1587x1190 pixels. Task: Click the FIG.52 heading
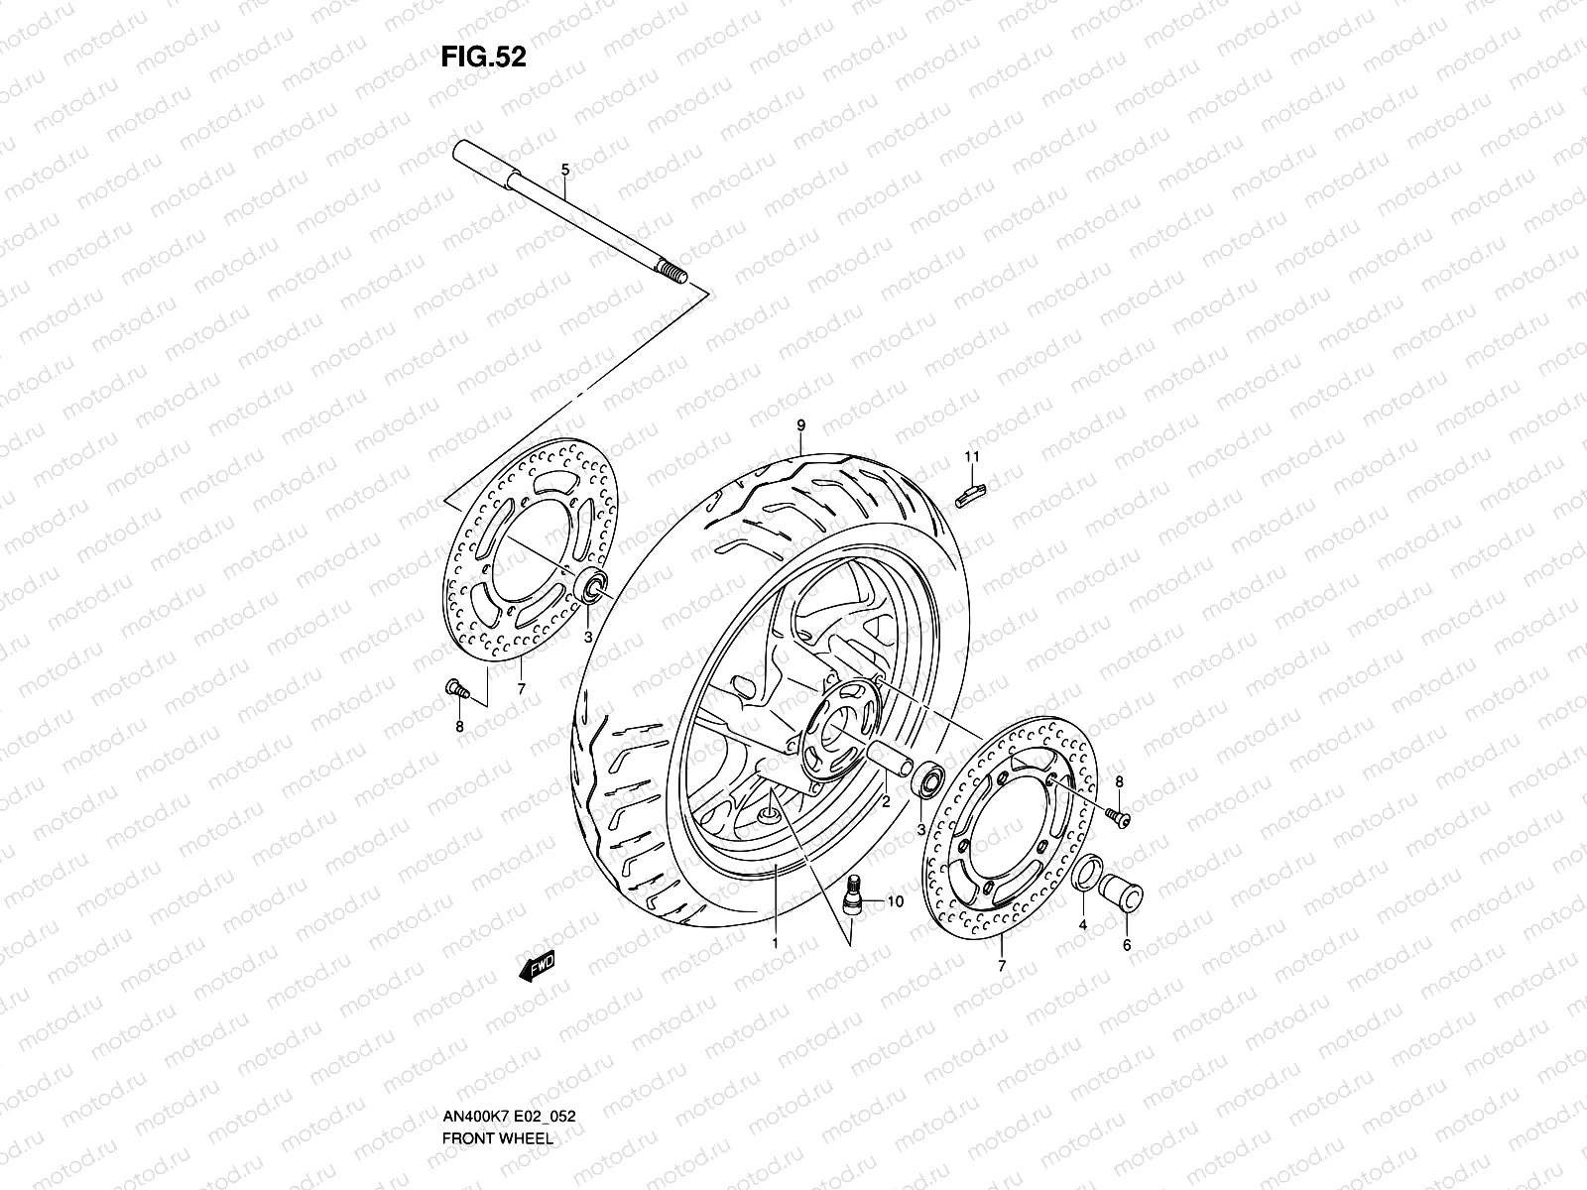coord(483,58)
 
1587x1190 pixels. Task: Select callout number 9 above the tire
coord(800,425)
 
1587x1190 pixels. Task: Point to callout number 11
coord(972,456)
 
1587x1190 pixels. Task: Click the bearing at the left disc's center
coord(594,587)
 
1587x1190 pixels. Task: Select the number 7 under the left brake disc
coord(520,687)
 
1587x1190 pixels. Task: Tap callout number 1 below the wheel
coord(775,944)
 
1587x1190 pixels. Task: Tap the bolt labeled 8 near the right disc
coord(1117,815)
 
